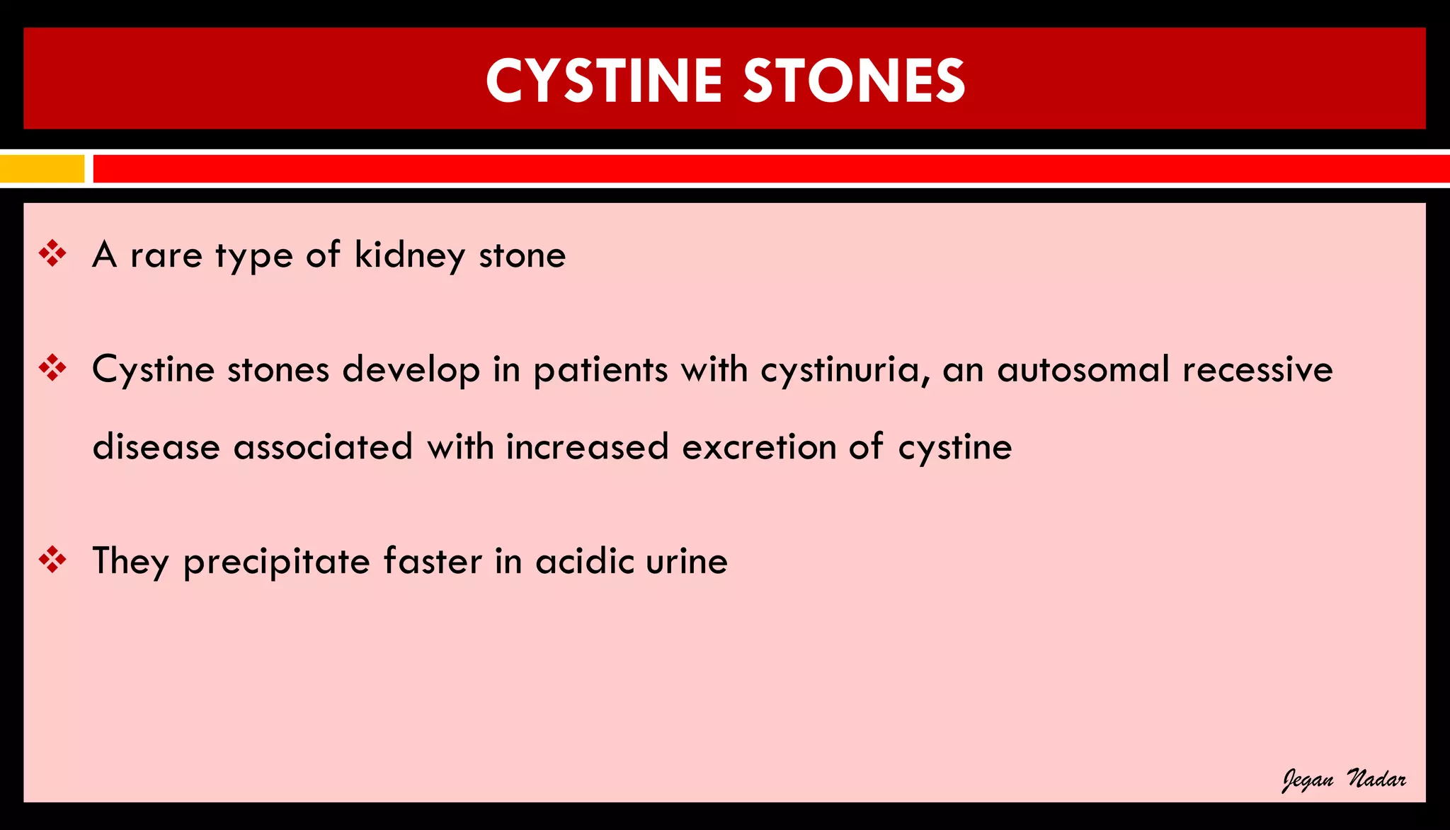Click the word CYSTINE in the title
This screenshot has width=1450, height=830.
(x=603, y=81)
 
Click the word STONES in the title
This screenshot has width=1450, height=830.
(x=854, y=81)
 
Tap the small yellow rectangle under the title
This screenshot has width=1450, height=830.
(x=42, y=169)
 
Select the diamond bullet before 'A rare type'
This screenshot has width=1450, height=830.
(x=52, y=253)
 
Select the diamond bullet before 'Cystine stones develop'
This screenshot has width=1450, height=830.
(x=52, y=368)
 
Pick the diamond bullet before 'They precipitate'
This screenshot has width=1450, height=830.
(x=52, y=560)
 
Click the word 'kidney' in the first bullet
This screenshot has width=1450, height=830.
(x=410, y=256)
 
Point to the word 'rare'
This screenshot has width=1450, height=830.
(x=166, y=256)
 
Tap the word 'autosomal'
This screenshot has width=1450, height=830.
(x=1083, y=370)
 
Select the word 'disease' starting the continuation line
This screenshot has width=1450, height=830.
(x=156, y=447)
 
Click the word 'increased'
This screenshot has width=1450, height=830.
(x=587, y=447)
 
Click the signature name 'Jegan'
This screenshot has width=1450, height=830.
(x=1308, y=780)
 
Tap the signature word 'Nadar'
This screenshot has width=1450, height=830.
(x=1376, y=779)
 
